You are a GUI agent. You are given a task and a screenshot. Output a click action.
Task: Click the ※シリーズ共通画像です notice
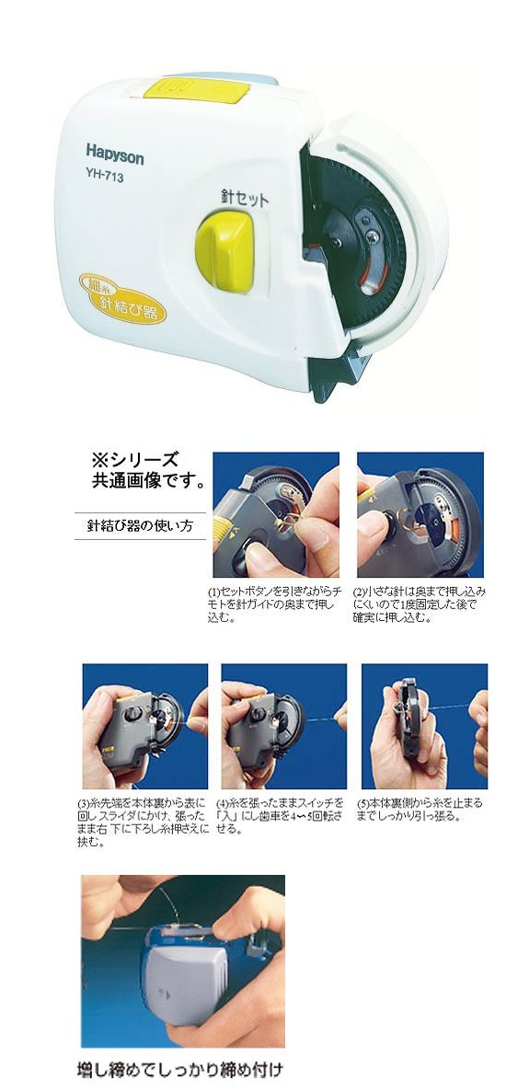point(147,470)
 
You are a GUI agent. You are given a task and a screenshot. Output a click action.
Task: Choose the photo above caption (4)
point(283,726)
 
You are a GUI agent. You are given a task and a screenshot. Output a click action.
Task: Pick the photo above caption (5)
point(424,726)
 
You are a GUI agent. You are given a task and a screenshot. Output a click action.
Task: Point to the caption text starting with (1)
point(272,603)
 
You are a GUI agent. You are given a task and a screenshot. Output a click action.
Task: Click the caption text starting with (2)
point(420,603)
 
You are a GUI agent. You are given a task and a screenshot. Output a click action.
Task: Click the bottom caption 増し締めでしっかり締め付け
point(180,1071)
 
